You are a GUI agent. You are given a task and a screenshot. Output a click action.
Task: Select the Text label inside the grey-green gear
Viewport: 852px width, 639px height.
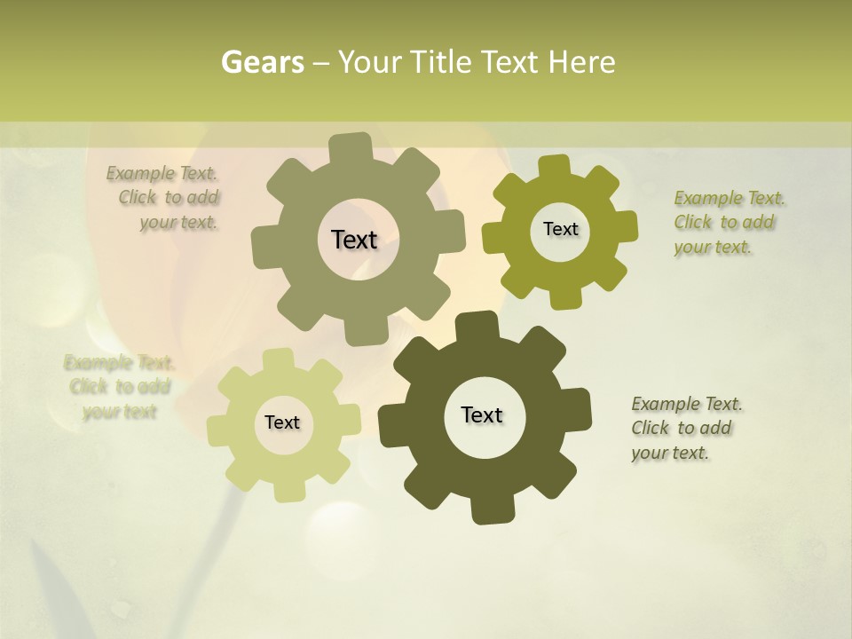point(354,240)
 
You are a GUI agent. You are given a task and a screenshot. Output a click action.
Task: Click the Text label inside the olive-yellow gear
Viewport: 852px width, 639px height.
point(560,229)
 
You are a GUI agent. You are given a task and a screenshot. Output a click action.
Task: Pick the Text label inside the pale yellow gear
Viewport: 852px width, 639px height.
point(282,422)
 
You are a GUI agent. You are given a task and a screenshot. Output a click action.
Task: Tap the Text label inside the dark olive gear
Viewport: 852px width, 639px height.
point(482,414)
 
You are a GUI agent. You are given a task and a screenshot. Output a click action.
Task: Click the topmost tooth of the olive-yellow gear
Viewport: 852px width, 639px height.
point(555,167)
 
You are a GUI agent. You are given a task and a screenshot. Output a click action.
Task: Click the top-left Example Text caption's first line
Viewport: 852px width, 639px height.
point(162,173)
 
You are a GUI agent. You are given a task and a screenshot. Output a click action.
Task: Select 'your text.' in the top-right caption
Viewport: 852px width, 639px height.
point(713,248)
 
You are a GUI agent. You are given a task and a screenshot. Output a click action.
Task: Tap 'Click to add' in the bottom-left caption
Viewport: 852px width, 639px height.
point(120,387)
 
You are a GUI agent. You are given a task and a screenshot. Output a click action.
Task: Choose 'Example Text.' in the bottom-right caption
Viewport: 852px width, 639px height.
point(687,404)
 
